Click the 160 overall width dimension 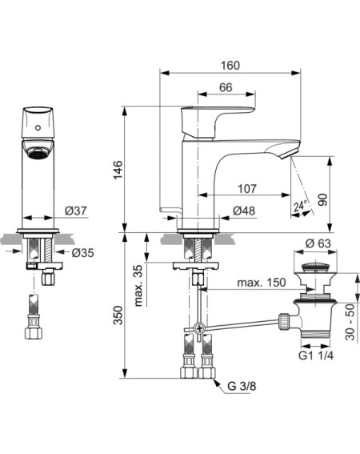click(230, 66)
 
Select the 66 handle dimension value click(226, 87)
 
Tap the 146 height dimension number click(118, 170)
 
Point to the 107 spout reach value click(247, 189)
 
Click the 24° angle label click(299, 206)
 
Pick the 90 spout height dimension click(322, 200)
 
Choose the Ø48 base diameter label click(244, 211)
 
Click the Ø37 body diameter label click(76, 211)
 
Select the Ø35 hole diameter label click(82, 253)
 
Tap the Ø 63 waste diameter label click(318, 243)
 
